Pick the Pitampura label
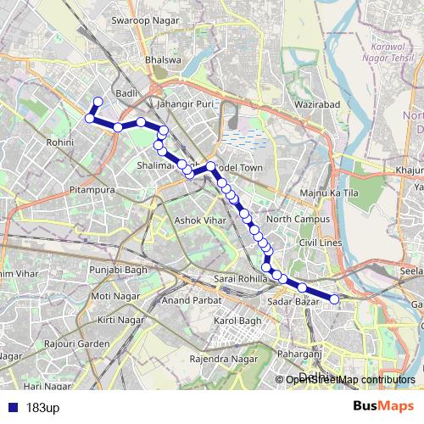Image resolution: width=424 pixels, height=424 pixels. [x=92, y=190]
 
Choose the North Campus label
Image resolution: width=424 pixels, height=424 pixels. [x=292, y=219]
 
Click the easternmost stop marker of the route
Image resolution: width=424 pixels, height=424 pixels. [x=334, y=298]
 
